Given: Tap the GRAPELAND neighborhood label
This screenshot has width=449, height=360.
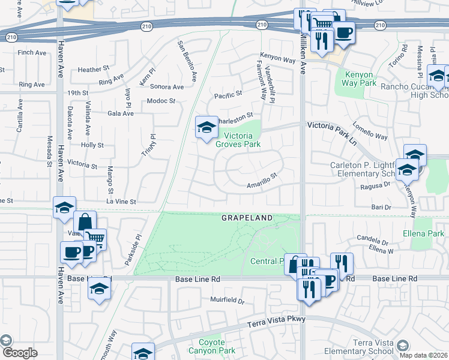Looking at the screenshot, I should pyautogui.click(x=247, y=217).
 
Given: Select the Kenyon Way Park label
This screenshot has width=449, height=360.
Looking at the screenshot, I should pyautogui.click(x=360, y=79).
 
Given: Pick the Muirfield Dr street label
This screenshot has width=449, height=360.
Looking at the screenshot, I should pyautogui.click(x=228, y=299).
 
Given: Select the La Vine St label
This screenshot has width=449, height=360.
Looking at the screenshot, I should pyautogui.click(x=122, y=202).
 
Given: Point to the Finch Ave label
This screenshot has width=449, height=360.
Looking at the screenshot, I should pyautogui.click(x=32, y=53).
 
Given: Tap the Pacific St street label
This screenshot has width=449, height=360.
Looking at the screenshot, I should pyautogui.click(x=228, y=94).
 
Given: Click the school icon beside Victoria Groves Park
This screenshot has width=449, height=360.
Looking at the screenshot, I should pyautogui.click(x=206, y=127).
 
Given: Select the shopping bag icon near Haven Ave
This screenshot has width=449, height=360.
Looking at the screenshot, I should pyautogui.click(x=85, y=221).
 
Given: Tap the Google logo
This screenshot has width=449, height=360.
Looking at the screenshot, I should pyautogui.click(x=20, y=353).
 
